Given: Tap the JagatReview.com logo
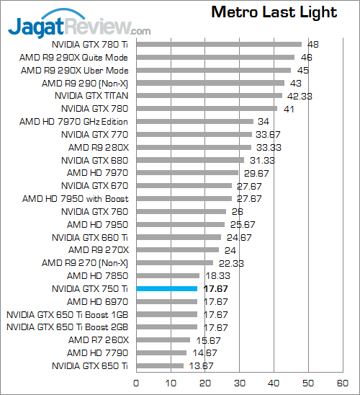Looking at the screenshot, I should point(79,28).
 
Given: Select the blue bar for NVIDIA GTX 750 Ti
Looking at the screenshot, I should point(166,288).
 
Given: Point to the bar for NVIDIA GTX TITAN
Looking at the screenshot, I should point(209,96).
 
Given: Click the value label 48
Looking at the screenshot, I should point(312,45).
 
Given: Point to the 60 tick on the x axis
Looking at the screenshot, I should point(342,383).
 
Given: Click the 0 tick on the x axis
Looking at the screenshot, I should point(136,383).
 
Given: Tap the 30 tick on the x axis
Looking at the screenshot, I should point(239,383).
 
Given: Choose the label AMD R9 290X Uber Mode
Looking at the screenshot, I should point(74,71).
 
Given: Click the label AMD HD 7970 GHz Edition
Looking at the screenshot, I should point(73,122).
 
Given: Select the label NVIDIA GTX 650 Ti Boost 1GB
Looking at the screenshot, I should point(67,314).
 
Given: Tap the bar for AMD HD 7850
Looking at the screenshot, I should point(167,275).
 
